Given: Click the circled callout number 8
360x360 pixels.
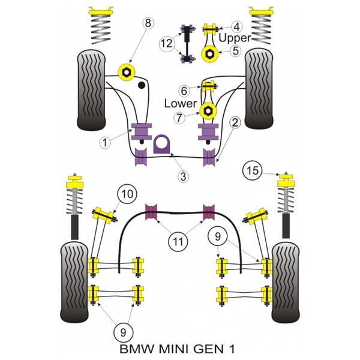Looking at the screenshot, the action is click(148, 23).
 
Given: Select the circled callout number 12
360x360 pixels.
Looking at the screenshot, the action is click(167, 43).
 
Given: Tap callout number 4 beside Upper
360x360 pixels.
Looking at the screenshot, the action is click(236, 27).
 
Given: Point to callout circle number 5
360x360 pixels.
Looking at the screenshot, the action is click(236, 50).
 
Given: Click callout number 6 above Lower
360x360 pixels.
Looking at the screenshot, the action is click(184, 91).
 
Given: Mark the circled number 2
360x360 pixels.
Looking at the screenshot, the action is click(235, 122).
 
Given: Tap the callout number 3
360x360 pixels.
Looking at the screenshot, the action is click(183, 176).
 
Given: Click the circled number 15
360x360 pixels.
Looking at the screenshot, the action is click(253, 170).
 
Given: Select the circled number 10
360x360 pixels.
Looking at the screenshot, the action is click(127, 194).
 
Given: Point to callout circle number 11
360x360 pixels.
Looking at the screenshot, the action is click(178, 241).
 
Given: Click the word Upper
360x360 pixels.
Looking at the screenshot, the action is click(235, 38).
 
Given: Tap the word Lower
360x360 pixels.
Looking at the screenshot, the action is click(181, 104).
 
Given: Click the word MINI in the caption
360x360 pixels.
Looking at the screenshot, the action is click(175, 349).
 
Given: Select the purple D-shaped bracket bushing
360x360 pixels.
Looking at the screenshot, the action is click(161, 144).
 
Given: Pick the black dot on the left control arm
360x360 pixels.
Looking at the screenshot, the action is click(142, 85).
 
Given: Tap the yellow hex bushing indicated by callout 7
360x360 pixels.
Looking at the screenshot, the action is click(208, 111).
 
